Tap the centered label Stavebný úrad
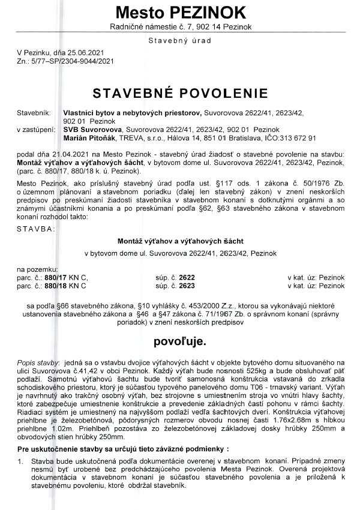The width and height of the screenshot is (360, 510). [x=180, y=40]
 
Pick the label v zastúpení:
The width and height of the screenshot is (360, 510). [x=34, y=129]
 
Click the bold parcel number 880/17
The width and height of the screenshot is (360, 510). [x=58, y=278]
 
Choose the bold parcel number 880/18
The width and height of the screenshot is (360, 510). [x=58, y=286]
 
